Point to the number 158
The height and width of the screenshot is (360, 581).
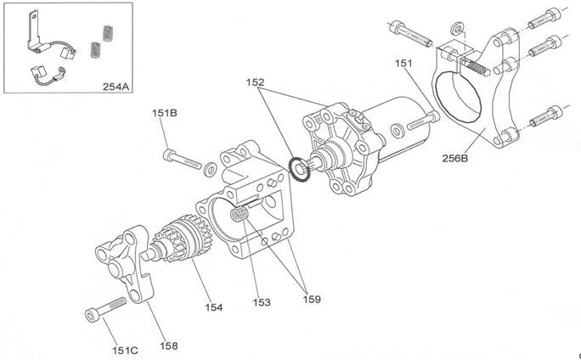tap(168, 346)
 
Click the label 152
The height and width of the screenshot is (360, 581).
tap(255, 83)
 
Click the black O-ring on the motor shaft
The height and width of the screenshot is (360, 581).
tap(299, 167)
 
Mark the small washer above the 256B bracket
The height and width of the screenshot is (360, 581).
tap(460, 28)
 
